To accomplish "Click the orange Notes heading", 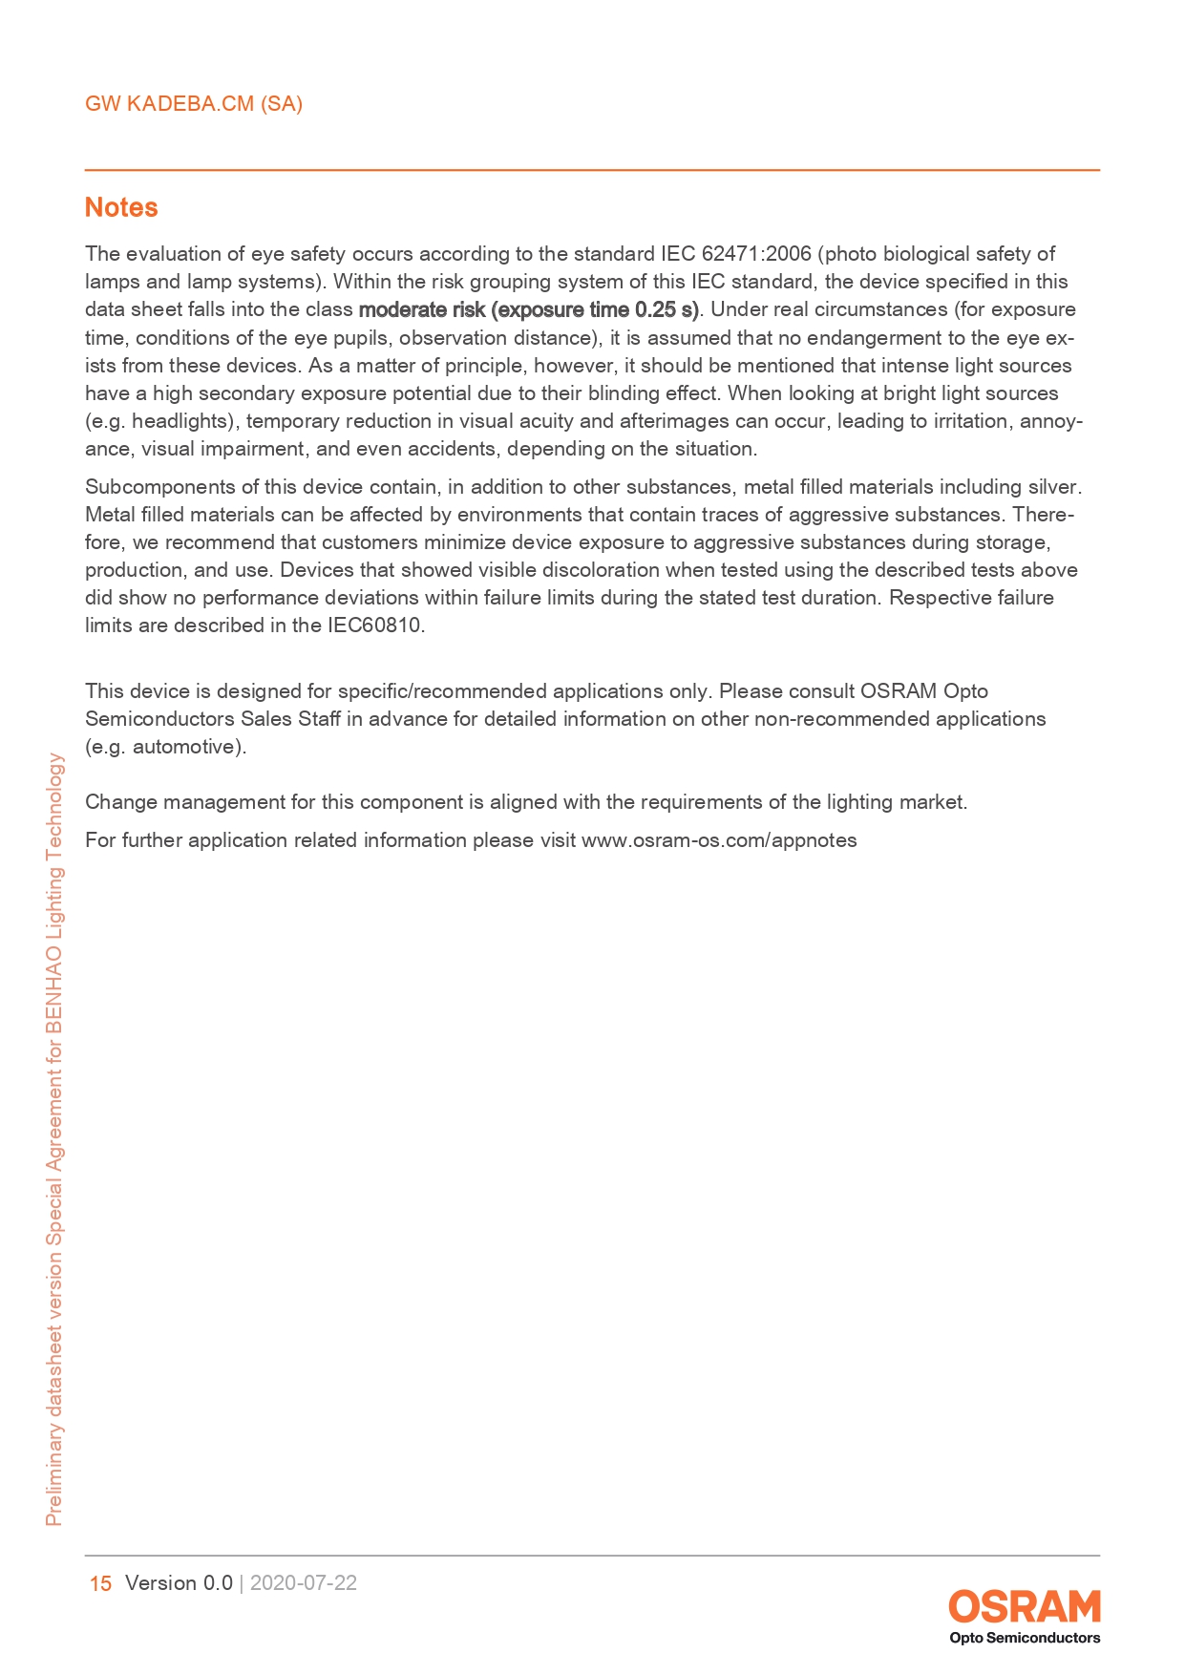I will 121,207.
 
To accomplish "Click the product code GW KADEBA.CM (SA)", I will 194,104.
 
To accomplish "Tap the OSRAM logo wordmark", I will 1024,1606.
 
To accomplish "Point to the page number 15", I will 100,1583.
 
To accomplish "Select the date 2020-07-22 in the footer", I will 304,1583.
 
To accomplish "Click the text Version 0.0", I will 179,1583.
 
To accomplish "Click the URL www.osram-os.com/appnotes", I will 719,840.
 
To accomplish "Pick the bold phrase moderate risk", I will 422,309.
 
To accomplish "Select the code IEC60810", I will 374,625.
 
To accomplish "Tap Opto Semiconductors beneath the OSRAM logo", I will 1024,1638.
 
